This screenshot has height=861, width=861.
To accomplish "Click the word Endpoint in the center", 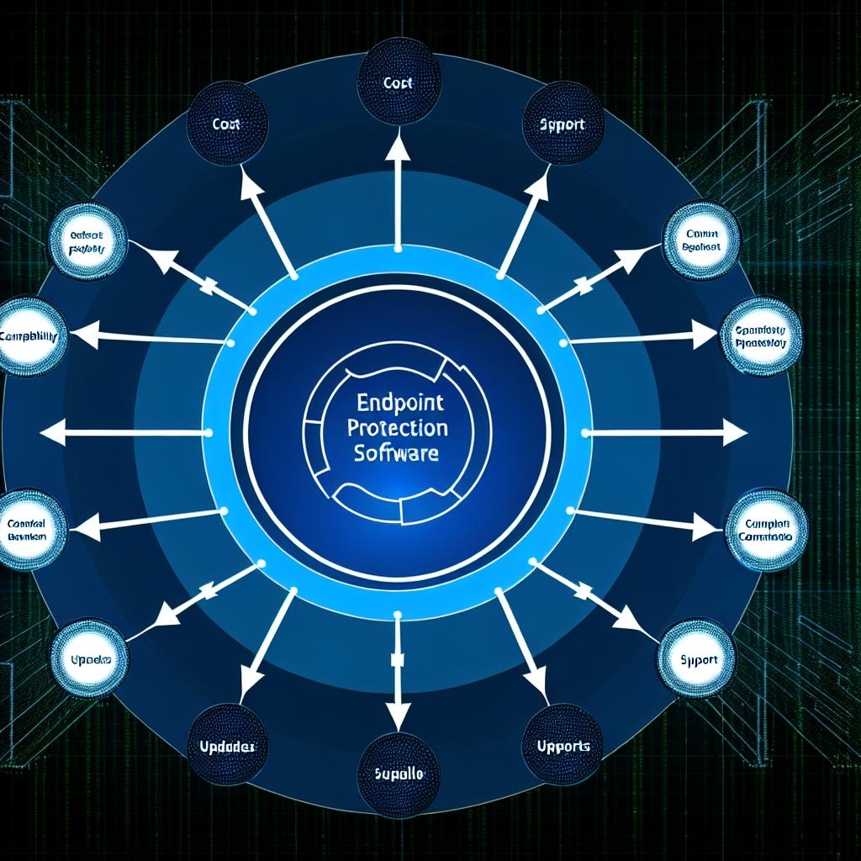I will pyautogui.click(x=396, y=403).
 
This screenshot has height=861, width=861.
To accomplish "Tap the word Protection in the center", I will pyautogui.click(x=397, y=429).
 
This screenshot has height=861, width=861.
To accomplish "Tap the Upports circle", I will pyautogui.click(x=563, y=745).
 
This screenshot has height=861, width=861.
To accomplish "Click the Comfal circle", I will pyautogui.click(x=32, y=528).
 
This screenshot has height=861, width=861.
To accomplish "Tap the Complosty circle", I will pyautogui.click(x=761, y=336).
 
